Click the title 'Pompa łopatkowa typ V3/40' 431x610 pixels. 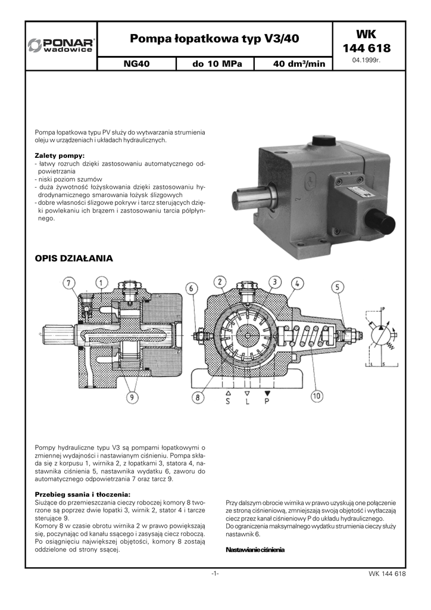tap(214, 39)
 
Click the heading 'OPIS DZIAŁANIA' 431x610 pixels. tap(74, 259)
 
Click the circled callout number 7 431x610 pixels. tap(70, 282)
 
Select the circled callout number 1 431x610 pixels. tap(101, 282)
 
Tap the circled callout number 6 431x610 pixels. tap(192, 288)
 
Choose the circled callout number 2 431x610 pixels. tap(220, 281)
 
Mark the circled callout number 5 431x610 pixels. tap(338, 287)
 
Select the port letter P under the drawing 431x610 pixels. tap(267, 401)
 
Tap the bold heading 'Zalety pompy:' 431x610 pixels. tap(60, 155)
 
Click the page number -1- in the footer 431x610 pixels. tap(215, 573)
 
